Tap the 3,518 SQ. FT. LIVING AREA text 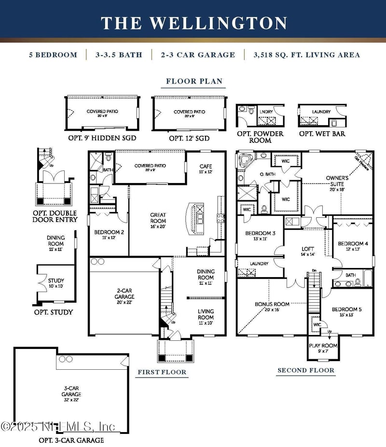[x=306, y=55]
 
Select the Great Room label [x=158, y=218]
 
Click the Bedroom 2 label [x=109, y=235]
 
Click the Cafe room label [x=206, y=169]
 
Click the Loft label [x=307, y=251]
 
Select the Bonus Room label [x=272, y=307]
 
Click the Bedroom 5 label [x=346, y=312]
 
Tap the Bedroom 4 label [x=353, y=246]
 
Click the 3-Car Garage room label [x=71, y=391]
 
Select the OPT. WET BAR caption [x=322, y=134]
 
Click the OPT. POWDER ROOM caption [x=260, y=137]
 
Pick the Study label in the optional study [x=56, y=283]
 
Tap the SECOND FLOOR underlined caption [x=305, y=370]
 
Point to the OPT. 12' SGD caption [x=190, y=138]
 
